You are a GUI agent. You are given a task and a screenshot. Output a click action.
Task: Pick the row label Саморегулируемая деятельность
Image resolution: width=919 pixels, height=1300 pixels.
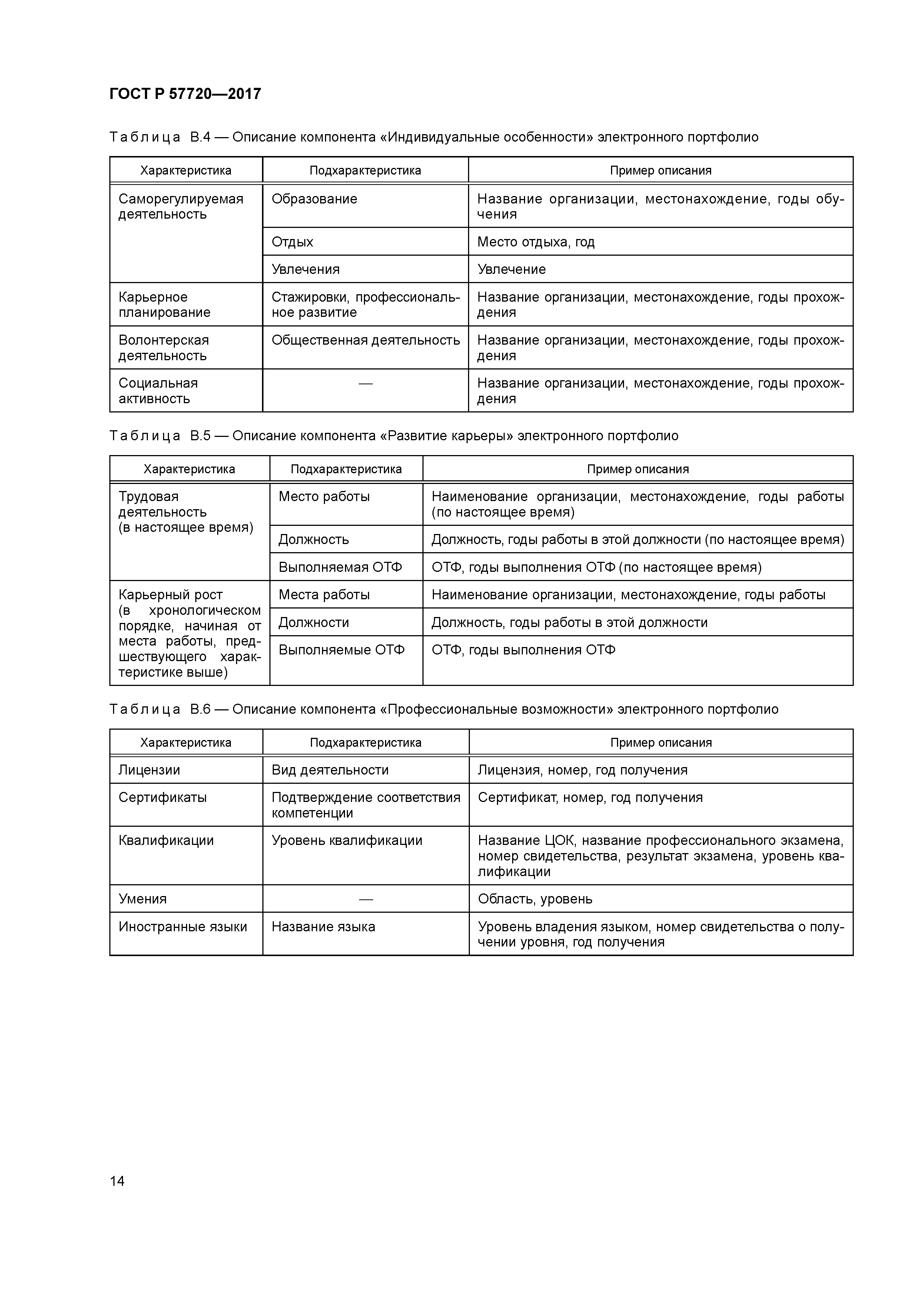[x=180, y=207]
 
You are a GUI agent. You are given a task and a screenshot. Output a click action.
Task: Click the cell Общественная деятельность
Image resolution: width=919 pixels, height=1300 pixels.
[x=365, y=340]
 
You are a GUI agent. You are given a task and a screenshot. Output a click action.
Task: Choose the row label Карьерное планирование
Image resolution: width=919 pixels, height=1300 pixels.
[x=164, y=305]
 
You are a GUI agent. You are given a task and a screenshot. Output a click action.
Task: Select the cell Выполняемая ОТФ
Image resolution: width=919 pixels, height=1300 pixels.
[x=340, y=567]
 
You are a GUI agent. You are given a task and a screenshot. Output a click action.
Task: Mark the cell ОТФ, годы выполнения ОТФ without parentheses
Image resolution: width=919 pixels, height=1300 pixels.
[x=523, y=650]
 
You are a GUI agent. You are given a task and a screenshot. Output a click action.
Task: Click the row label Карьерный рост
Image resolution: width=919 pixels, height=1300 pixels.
[x=170, y=595]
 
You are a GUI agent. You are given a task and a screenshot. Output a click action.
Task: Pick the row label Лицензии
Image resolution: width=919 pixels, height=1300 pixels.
[x=149, y=770]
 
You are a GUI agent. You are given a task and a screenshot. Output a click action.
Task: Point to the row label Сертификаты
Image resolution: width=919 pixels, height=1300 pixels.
[x=163, y=798]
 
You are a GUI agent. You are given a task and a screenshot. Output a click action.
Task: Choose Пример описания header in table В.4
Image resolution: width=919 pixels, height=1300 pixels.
[x=660, y=170]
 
